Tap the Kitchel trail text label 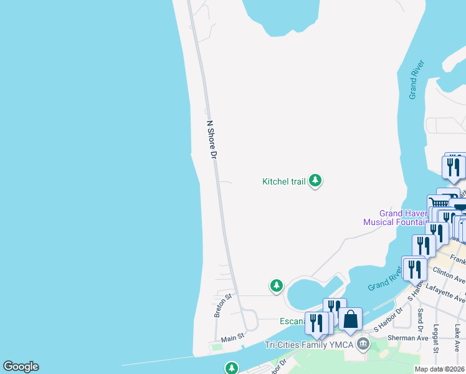tap(283, 181)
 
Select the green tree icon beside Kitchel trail tap(316, 181)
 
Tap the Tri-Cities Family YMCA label tap(309, 345)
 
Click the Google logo tap(21, 367)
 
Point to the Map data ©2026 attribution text tap(439, 369)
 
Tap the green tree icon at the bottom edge tap(232, 368)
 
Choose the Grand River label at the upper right tap(416, 80)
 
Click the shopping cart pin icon tap(439, 203)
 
